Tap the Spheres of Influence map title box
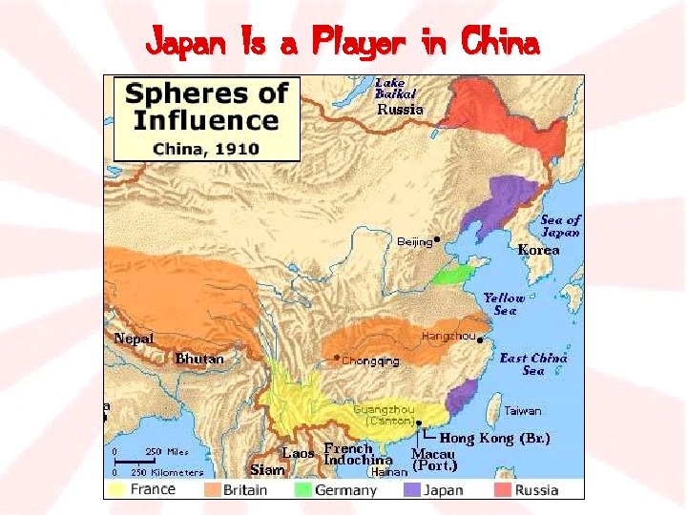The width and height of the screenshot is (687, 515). (x=206, y=117)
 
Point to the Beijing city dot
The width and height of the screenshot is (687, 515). (x=437, y=239)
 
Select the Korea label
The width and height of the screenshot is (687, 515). (x=538, y=250)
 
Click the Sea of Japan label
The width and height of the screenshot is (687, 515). (x=560, y=226)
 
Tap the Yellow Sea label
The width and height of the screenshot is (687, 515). (x=504, y=304)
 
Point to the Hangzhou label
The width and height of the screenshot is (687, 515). (x=448, y=336)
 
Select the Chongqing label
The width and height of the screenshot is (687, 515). (x=370, y=360)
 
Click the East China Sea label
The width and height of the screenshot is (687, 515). (x=533, y=364)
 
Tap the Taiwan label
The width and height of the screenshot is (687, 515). (x=522, y=411)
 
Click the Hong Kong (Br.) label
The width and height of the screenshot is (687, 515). (x=494, y=438)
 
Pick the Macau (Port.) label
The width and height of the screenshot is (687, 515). (x=434, y=461)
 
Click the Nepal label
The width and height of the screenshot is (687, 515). (x=134, y=339)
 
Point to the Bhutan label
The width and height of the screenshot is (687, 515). (x=199, y=359)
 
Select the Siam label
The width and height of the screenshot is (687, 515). (x=267, y=469)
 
